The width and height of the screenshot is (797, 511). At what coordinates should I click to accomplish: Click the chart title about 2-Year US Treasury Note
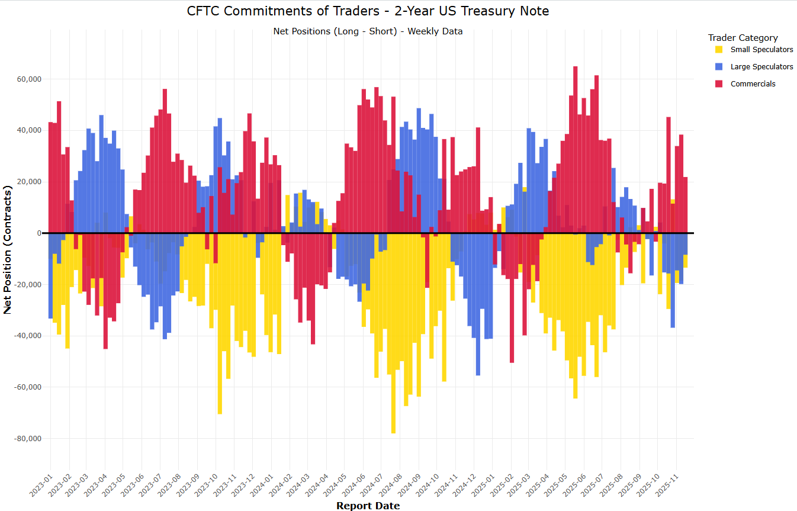(368, 11)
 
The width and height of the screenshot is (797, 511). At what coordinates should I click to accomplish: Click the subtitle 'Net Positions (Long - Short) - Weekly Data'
(368, 31)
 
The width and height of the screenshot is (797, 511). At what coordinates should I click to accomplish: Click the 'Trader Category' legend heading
(743, 38)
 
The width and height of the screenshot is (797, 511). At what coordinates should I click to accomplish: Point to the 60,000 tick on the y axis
(28, 79)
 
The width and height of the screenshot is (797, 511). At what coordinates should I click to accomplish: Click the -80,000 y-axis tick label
(27, 439)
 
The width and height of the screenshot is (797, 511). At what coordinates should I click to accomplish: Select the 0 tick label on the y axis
(38, 233)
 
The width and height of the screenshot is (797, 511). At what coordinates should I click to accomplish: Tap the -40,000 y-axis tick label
(27, 336)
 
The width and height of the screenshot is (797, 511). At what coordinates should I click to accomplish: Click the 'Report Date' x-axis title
(368, 506)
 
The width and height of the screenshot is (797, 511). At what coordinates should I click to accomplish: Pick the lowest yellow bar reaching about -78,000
(393, 355)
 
